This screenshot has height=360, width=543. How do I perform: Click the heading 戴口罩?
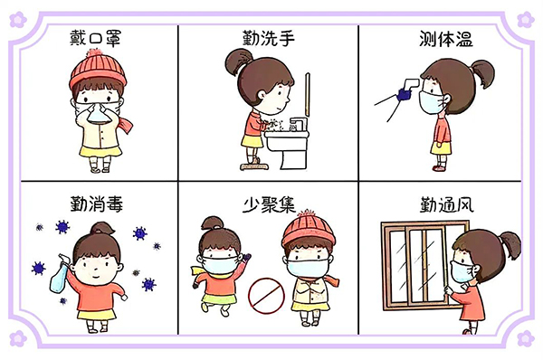click(x=95, y=37)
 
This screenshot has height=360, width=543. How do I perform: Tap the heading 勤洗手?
click(x=269, y=37)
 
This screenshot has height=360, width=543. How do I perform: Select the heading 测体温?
click(x=446, y=39)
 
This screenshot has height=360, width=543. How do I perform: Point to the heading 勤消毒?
click(x=97, y=204)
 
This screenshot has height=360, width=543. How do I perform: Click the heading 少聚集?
click(x=269, y=204)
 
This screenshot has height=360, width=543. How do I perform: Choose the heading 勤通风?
click(x=447, y=204)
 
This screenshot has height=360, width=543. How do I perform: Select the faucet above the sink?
click(x=298, y=124)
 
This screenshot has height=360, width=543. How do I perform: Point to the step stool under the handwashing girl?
click(x=254, y=166)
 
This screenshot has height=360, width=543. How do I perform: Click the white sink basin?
click(x=287, y=141)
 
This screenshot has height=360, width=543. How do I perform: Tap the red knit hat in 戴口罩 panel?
click(x=98, y=70)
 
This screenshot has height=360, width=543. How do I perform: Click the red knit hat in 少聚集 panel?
click(x=309, y=229)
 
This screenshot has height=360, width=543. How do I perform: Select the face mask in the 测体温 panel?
click(x=432, y=101)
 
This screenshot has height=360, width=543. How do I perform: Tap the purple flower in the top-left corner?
click(x=18, y=19)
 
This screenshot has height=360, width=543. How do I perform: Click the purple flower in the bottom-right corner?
click(x=525, y=338)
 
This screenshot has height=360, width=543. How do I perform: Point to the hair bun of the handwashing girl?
click(x=236, y=62)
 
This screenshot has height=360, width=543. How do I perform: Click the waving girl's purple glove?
click(x=245, y=258)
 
